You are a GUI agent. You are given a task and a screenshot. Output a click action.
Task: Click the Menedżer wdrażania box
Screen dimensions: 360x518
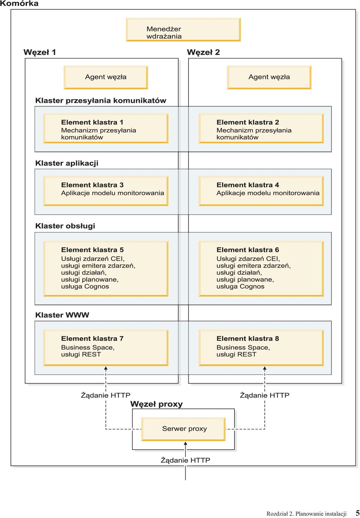pyautogui.click(x=183, y=30)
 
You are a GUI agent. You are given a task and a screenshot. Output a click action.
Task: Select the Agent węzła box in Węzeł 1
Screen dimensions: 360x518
pyautogui.click(x=106, y=77)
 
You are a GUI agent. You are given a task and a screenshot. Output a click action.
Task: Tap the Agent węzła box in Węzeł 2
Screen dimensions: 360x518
pyautogui.click(x=269, y=77)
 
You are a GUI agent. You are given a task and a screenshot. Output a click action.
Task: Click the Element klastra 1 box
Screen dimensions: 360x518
pyautogui.click(x=106, y=128)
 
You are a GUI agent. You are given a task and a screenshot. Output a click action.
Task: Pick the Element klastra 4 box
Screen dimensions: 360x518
pyautogui.click(x=261, y=191)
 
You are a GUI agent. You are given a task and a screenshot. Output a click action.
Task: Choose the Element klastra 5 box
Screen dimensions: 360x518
pyautogui.click(x=106, y=268)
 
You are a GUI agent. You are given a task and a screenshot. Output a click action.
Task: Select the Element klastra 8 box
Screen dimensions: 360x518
pyautogui.click(x=261, y=348)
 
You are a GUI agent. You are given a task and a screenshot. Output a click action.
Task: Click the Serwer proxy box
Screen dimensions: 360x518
pyautogui.click(x=183, y=429)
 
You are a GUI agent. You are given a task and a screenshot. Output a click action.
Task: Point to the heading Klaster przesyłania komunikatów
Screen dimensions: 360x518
pyautogui.click(x=101, y=101)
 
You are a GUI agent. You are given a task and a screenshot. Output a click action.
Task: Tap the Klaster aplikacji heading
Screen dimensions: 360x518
pyautogui.click(x=67, y=163)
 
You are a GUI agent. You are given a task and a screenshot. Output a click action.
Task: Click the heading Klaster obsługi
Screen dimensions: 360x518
pyautogui.click(x=65, y=226)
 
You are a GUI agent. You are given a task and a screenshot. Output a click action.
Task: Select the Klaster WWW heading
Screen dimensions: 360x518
pyautogui.click(x=62, y=315)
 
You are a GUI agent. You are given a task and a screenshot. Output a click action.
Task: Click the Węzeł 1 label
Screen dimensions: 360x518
pyautogui.click(x=40, y=53)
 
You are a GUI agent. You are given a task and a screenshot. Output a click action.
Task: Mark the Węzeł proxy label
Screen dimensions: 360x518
pyautogui.click(x=156, y=404)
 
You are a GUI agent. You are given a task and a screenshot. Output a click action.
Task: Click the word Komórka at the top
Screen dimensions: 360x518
pyautogui.click(x=19, y=3)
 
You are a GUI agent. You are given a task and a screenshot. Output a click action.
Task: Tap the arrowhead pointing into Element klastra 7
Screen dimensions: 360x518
pyautogui.click(x=106, y=368)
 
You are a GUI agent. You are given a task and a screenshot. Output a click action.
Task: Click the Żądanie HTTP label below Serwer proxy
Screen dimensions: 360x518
pyautogui.click(x=185, y=460)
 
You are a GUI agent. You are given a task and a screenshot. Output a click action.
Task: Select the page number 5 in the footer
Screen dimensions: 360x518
pyautogui.click(x=357, y=512)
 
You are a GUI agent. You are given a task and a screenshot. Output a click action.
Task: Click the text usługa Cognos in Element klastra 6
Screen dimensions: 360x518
pyautogui.click(x=240, y=286)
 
